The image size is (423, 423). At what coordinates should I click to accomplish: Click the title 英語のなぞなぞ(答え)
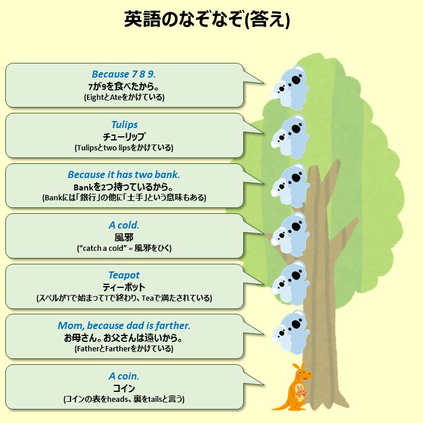(207, 20)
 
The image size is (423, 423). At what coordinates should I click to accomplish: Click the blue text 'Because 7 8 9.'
(124, 75)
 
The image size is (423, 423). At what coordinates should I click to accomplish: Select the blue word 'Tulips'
(124, 125)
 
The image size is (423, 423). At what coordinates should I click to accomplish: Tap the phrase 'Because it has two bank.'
(124, 174)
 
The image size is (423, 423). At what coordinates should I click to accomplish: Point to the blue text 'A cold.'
(124, 225)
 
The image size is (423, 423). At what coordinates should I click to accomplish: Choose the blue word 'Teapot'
(124, 275)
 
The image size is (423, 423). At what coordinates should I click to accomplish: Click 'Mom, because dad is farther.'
(124, 325)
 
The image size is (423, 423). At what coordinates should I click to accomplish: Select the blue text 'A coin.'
(124, 376)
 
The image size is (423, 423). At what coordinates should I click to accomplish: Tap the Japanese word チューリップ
(124, 136)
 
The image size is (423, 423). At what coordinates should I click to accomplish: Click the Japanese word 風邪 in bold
(124, 237)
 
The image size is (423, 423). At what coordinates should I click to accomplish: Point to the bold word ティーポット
(124, 287)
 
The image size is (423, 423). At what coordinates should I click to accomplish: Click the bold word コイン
(124, 388)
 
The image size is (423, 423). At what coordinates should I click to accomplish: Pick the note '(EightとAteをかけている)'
(124, 98)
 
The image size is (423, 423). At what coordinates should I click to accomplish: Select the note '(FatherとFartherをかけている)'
(124, 348)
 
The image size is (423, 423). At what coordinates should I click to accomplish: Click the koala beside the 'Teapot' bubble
(292, 280)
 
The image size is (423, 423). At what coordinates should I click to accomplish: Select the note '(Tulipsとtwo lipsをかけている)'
(124, 148)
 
